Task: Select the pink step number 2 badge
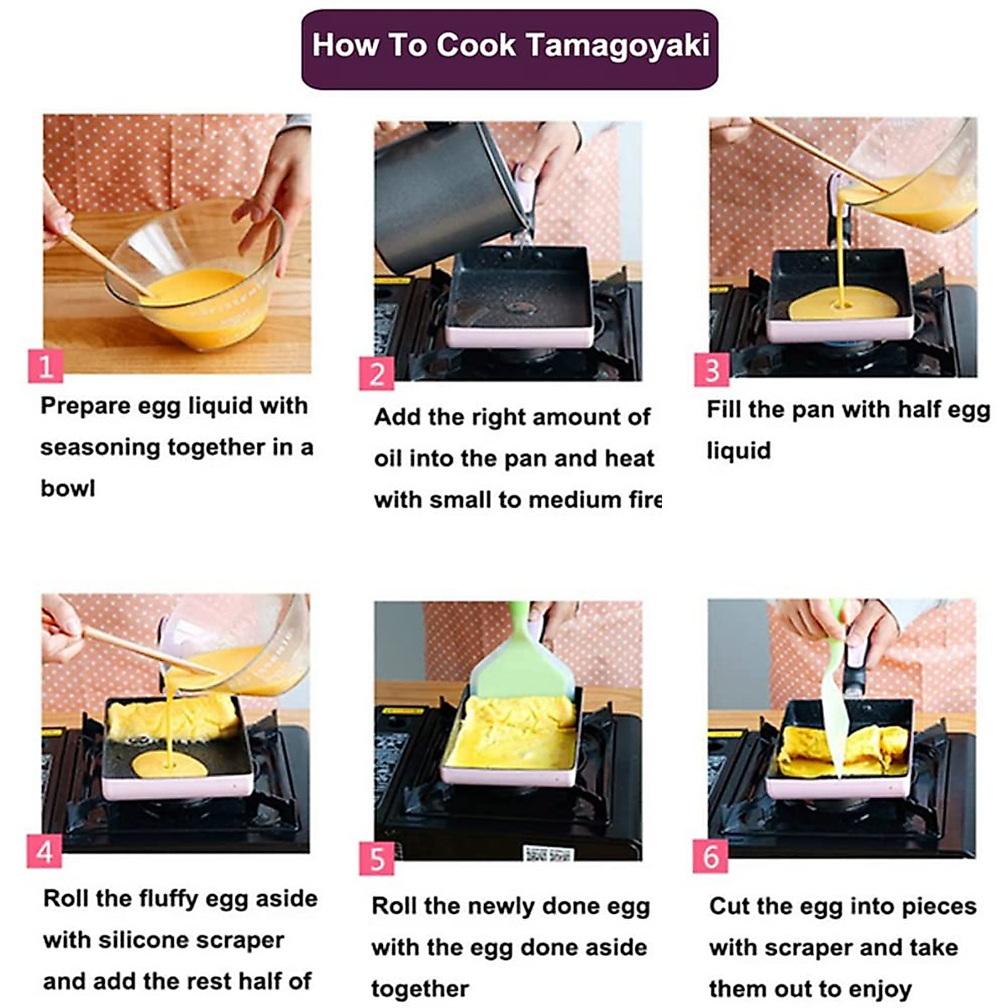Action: point(376,374)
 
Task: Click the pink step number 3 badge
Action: point(711,370)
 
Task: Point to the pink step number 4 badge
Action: point(45,852)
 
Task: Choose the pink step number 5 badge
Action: point(376,858)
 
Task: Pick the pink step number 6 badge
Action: point(711,856)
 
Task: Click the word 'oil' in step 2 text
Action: point(391,459)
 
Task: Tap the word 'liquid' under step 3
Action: point(738,451)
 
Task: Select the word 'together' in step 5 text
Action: point(420,989)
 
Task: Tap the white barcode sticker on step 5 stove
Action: point(549,854)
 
